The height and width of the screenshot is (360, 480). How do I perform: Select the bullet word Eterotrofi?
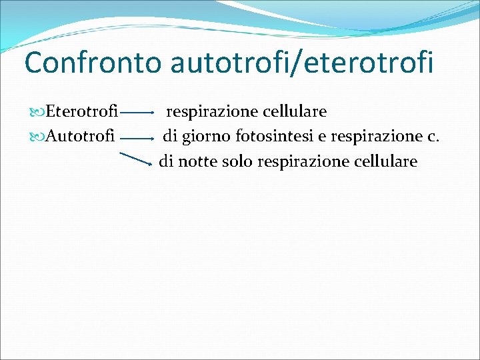[x=82, y=111]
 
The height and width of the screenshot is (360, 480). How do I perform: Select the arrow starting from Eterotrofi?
[x=139, y=114]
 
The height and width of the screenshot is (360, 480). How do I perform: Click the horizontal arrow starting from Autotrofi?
[x=139, y=139]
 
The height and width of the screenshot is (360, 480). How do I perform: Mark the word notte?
[x=198, y=161]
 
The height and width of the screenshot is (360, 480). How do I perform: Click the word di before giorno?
[x=171, y=137]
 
